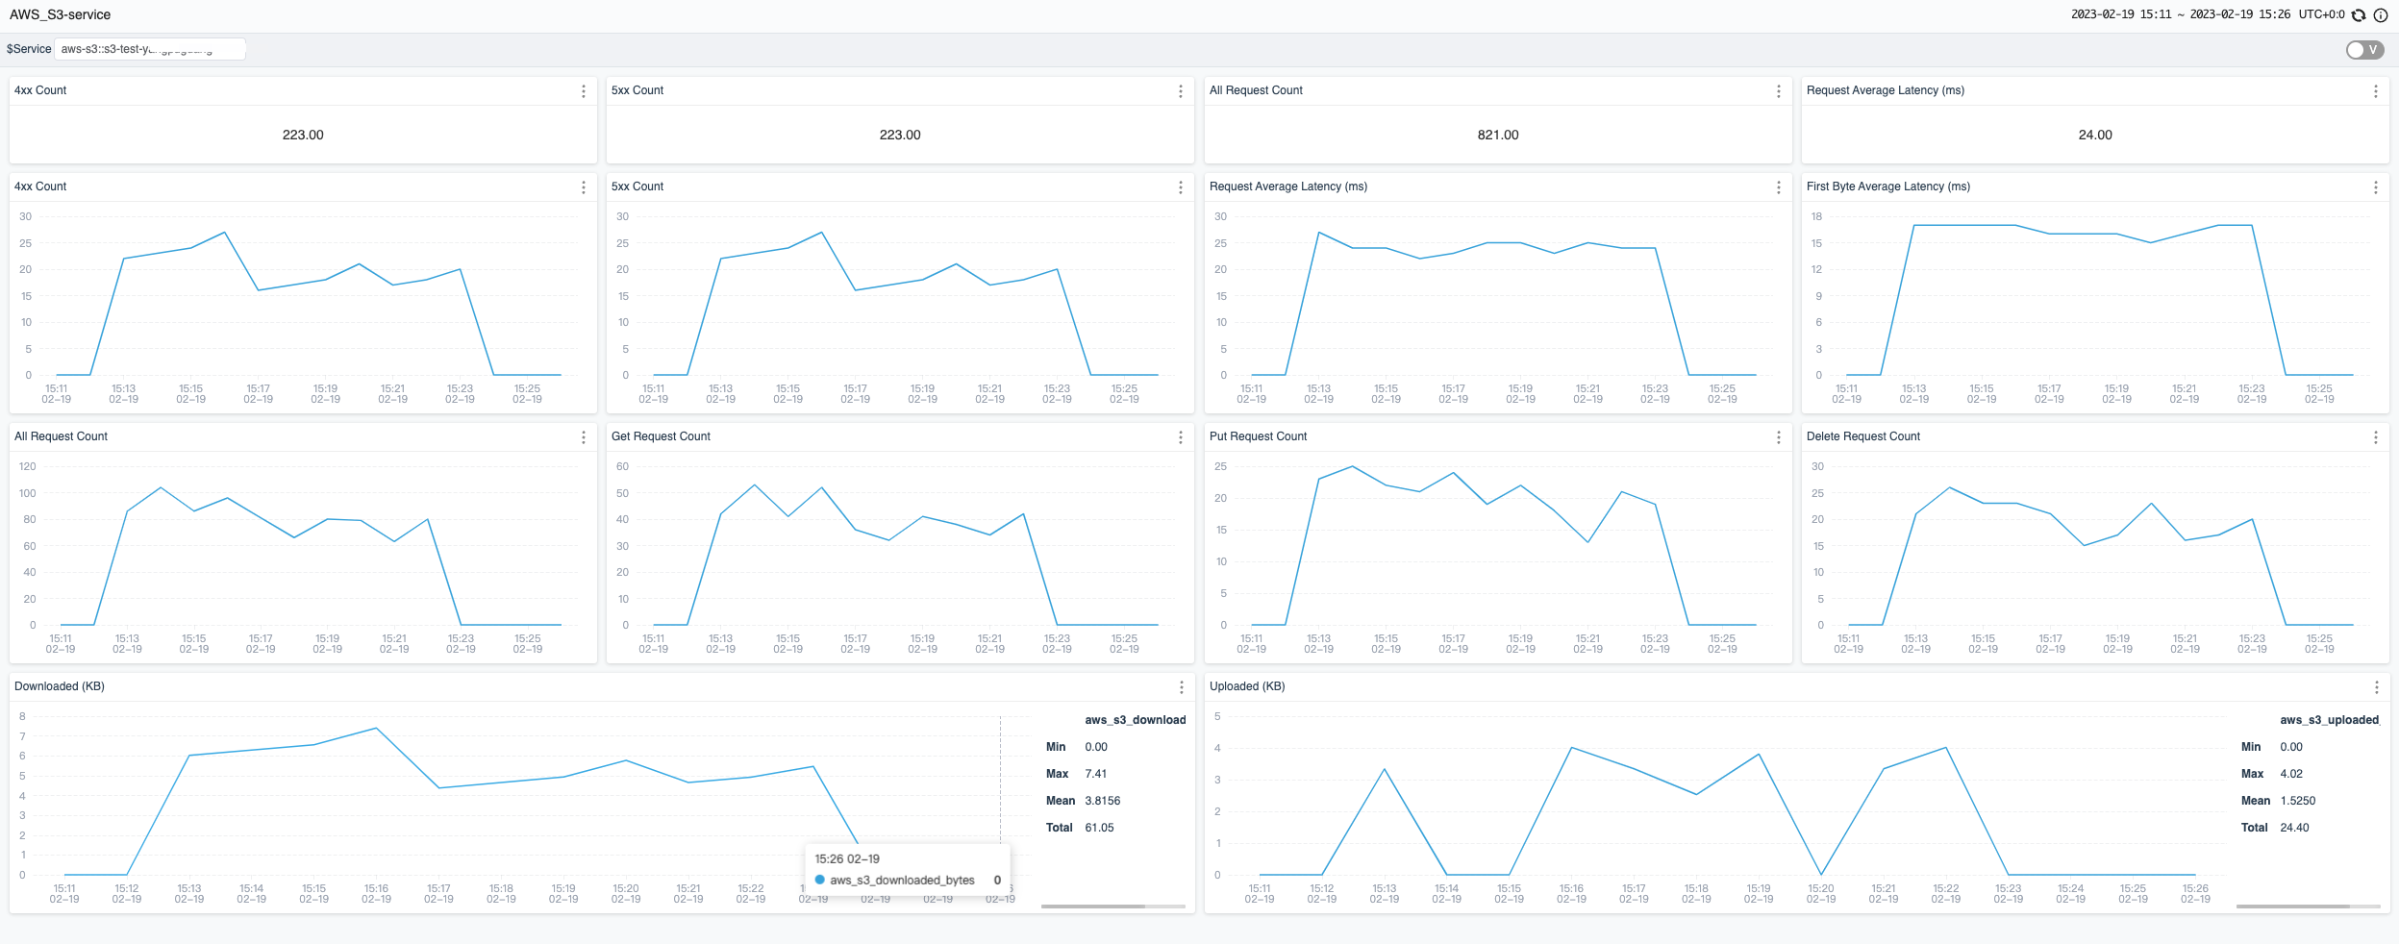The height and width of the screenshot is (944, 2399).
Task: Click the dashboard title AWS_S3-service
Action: pyautogui.click(x=60, y=14)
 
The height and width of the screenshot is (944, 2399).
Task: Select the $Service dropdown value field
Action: pyautogui.click(x=149, y=49)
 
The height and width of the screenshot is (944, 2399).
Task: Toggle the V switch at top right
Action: pyautogui.click(x=2363, y=50)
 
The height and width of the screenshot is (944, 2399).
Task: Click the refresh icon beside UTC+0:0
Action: pyautogui.click(x=2359, y=14)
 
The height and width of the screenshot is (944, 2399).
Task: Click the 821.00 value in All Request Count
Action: pyautogui.click(x=1497, y=135)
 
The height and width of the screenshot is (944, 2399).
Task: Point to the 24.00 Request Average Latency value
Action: pyautogui.click(x=2094, y=135)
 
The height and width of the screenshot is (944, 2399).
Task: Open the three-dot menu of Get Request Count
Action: pyautogui.click(x=1181, y=437)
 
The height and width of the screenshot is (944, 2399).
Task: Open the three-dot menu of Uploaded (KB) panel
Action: pyautogui.click(x=2376, y=687)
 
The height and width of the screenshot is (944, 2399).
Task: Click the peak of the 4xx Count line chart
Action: pyautogui.click(x=224, y=233)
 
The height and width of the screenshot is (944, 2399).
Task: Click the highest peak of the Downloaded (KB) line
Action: pyautogui.click(x=376, y=729)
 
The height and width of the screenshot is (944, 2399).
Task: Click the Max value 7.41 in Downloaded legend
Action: pyautogui.click(x=1095, y=774)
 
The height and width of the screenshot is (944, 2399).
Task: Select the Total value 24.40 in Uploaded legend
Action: pyautogui.click(x=2293, y=828)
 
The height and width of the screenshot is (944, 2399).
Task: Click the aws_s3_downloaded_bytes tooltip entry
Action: pyautogui.click(x=902, y=881)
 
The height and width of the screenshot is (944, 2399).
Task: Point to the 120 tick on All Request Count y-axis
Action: pyautogui.click(x=27, y=466)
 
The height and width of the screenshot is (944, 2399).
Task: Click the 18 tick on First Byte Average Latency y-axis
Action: pyautogui.click(x=1816, y=216)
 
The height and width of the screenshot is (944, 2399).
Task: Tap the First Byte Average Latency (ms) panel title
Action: pyautogui.click(x=1887, y=186)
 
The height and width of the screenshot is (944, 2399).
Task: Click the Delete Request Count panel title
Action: pyautogui.click(x=1862, y=436)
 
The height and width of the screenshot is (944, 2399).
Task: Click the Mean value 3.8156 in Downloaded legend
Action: pyautogui.click(x=1102, y=801)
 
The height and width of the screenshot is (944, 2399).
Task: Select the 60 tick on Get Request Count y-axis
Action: pyautogui.click(x=622, y=466)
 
